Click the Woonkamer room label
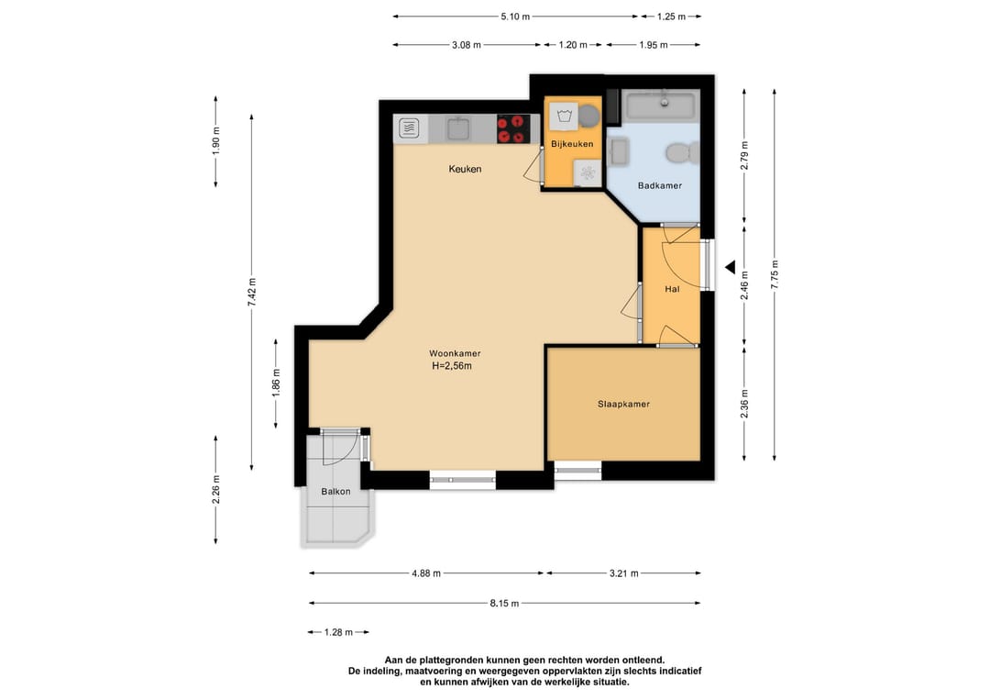click(455, 354)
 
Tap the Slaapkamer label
click(624, 405)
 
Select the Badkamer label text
click(660, 185)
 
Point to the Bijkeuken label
click(572, 144)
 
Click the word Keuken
click(466, 169)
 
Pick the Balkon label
click(335, 492)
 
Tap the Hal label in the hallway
click(673, 289)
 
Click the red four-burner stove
click(512, 128)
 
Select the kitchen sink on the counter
click(459, 128)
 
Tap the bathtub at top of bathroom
click(661, 106)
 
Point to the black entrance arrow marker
click(731, 268)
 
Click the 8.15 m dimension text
click(504, 604)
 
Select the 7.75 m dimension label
click(775, 275)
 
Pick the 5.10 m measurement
click(515, 17)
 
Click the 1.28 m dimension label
click(338, 632)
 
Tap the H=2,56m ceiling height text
click(452, 366)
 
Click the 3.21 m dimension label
click(624, 573)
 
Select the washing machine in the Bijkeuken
click(564, 117)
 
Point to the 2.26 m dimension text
click(216, 490)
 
